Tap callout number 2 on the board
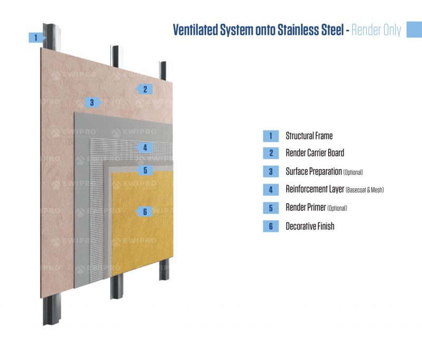click(145, 89)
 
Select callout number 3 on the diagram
click(92, 102)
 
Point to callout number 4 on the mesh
click(145, 147)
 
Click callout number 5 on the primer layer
click(145, 170)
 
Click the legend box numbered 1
click(271, 136)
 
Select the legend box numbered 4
click(271, 190)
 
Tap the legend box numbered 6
click(271, 226)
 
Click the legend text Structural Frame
click(309, 136)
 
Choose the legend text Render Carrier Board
click(314, 153)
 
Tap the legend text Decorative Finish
click(310, 226)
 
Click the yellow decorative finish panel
click(142, 232)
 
